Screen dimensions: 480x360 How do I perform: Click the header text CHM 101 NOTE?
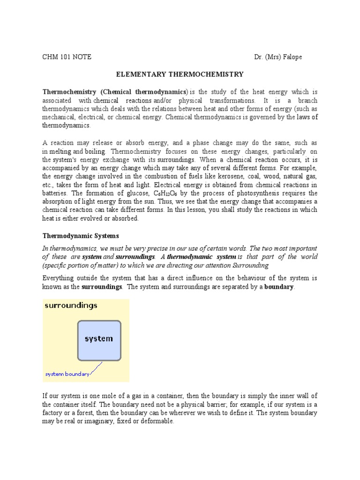click(x=67, y=57)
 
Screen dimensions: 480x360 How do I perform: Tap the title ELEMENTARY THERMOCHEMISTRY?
click(x=180, y=74)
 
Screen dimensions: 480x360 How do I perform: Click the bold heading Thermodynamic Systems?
click(x=81, y=235)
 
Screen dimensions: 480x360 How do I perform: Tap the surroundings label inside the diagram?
click(x=71, y=306)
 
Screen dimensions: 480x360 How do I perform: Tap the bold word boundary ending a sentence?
click(x=278, y=286)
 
